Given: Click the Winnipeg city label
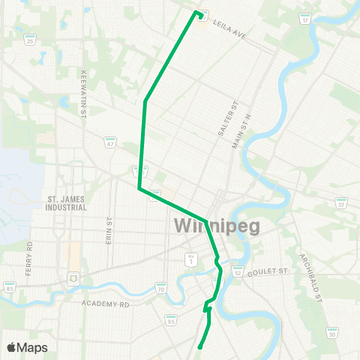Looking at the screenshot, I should click(x=217, y=225).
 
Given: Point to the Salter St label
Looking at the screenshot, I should click(x=222, y=118).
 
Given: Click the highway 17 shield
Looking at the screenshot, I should click(x=305, y=19).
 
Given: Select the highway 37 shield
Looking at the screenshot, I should click(x=341, y=202).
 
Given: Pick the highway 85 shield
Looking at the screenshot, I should click(x=10, y=287).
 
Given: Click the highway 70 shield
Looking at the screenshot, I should click(x=160, y=289).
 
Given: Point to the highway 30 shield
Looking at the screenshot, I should click(x=331, y=334).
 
